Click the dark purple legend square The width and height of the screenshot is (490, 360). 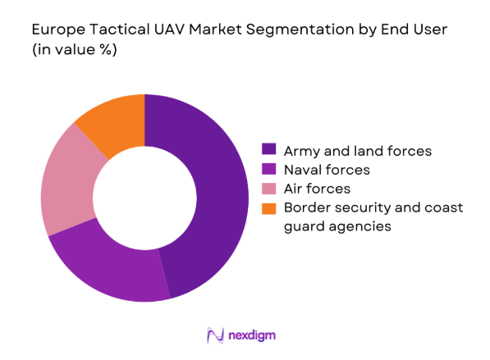(268, 149)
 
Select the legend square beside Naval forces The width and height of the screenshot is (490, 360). (268, 169)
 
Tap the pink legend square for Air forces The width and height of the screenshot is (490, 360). (268, 189)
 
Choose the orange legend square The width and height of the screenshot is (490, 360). (268, 208)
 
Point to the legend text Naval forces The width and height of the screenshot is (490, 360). (327, 170)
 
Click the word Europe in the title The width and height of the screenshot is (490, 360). (56, 30)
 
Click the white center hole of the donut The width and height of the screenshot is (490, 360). (144, 198)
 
